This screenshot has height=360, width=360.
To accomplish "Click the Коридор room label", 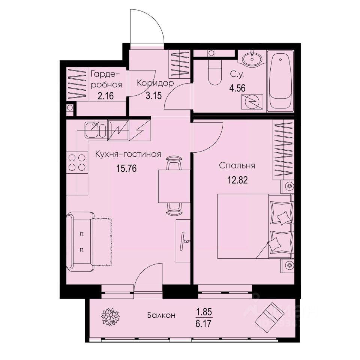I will click(x=155, y=83).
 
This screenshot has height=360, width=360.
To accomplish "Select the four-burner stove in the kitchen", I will click(x=77, y=163).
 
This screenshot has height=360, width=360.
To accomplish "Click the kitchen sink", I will click(x=92, y=130).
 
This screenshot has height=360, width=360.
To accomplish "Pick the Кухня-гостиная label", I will click(x=128, y=154).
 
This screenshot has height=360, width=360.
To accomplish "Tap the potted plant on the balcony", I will click(x=110, y=315).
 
